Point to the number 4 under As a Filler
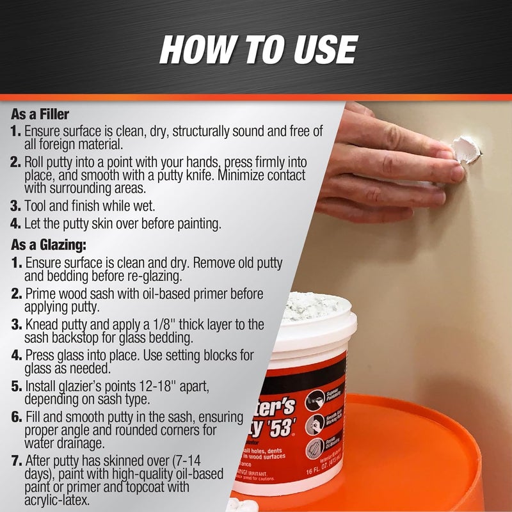(x=16, y=224)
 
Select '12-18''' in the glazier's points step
(x=150, y=386)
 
